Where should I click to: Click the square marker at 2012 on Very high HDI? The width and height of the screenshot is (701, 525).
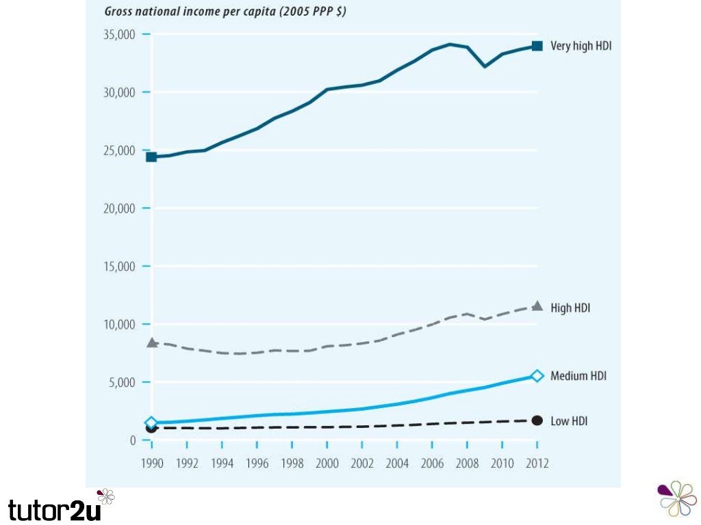[x=537, y=46]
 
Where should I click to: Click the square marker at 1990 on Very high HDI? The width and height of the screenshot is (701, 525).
[x=151, y=157]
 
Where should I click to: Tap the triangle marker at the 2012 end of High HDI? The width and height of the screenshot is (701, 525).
[x=537, y=306]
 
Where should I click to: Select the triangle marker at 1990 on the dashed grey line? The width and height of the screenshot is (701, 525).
[x=151, y=342]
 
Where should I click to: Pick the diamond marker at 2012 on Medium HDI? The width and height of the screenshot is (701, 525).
[x=537, y=375]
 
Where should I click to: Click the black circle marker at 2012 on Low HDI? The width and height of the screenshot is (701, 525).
[x=537, y=420]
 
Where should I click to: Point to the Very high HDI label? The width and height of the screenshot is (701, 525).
[x=581, y=46]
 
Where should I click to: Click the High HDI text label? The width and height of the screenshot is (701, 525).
[x=570, y=308]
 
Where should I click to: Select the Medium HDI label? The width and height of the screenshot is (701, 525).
[x=578, y=376]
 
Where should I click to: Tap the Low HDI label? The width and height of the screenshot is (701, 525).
[x=569, y=421]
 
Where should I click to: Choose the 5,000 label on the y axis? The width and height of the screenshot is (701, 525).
[x=123, y=382]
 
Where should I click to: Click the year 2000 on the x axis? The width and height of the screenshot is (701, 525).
[x=328, y=463]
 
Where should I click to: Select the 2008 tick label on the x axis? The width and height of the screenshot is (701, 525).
[x=467, y=463]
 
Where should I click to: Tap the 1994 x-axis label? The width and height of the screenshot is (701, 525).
[x=222, y=463]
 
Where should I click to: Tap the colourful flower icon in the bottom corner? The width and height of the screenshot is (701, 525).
[x=677, y=498]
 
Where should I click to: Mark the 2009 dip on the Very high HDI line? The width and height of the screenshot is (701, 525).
[x=485, y=66]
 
